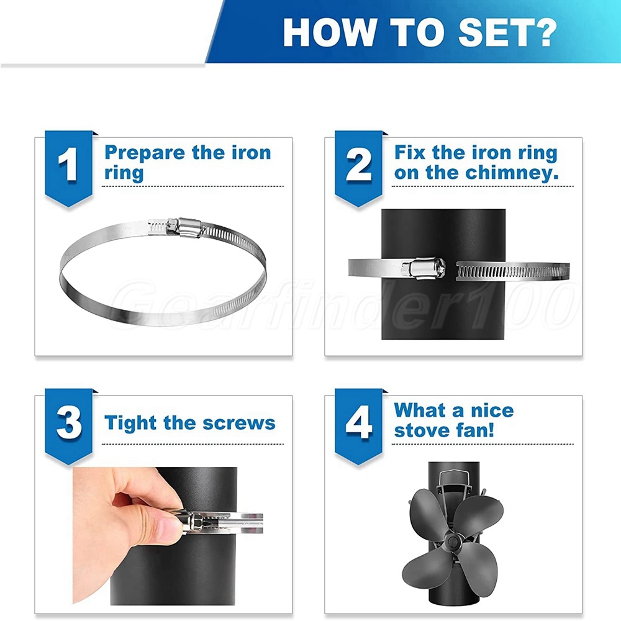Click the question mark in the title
[x=543, y=33]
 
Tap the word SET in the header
[x=491, y=33]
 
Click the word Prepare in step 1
[x=145, y=153]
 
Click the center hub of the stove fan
[x=452, y=539]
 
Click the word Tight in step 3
[x=130, y=423]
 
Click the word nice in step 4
[x=492, y=410]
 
